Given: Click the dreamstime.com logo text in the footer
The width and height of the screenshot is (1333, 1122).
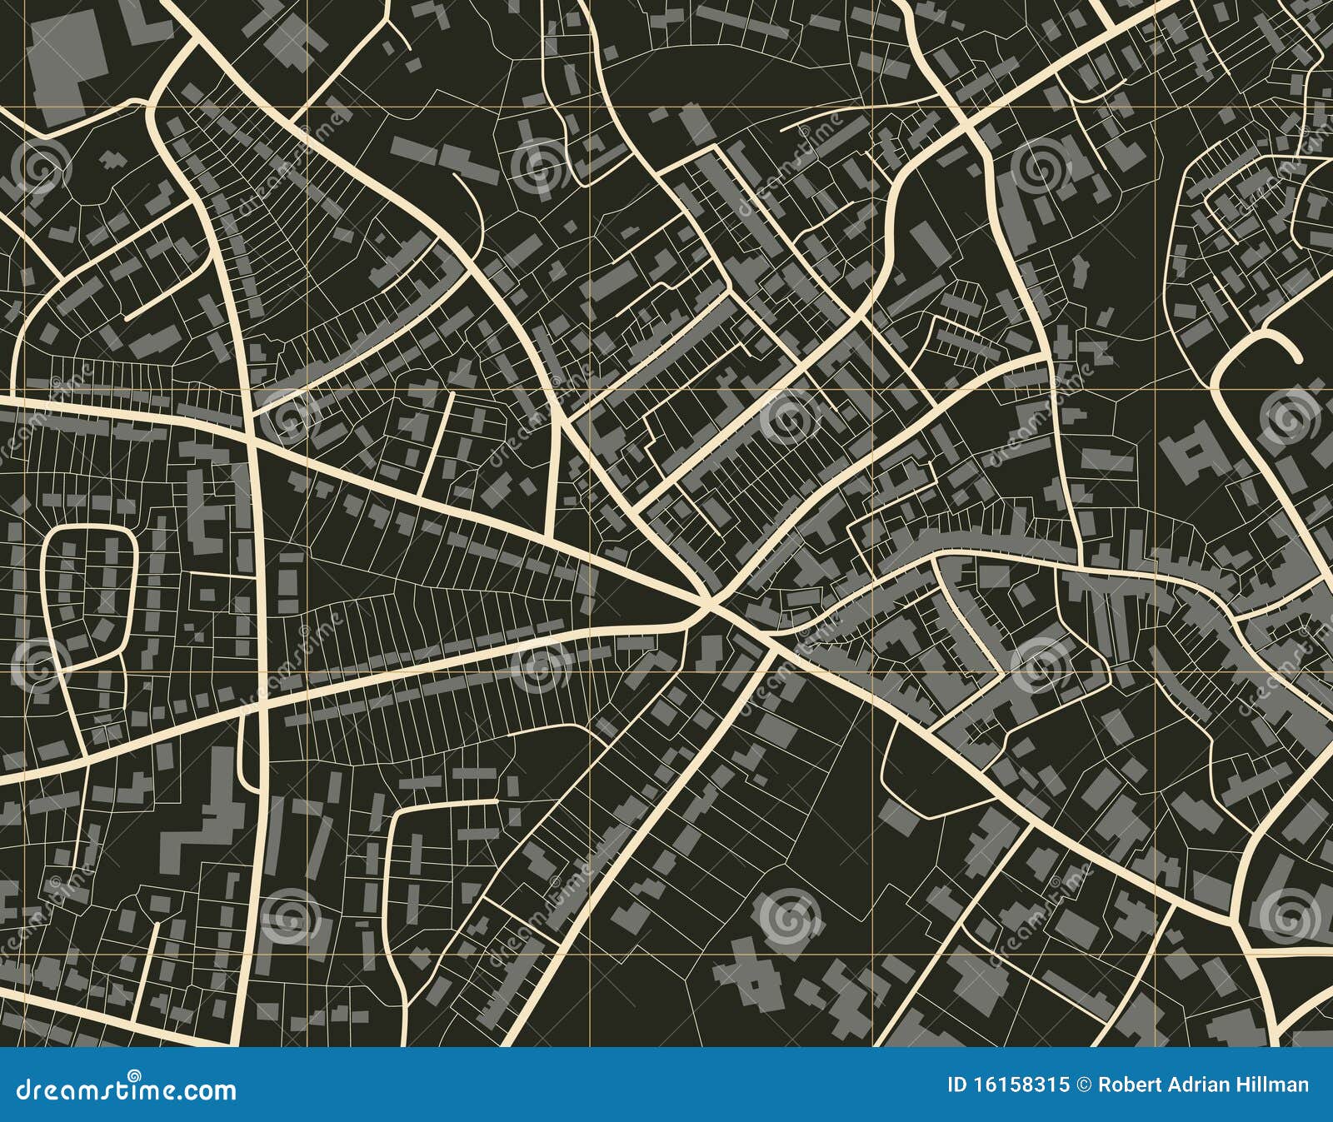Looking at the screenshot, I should click(127, 1090).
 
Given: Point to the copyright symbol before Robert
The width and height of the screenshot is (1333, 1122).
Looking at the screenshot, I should click(1085, 1085).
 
